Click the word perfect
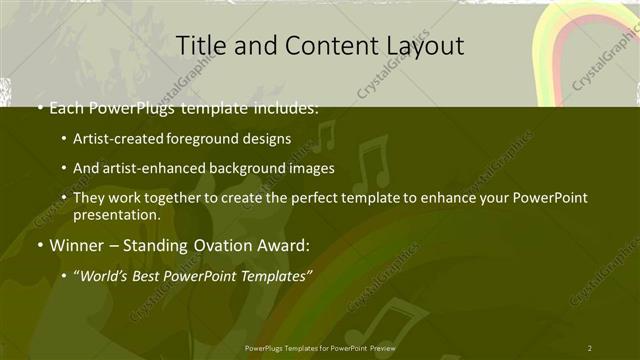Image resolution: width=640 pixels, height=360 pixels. click(310, 198)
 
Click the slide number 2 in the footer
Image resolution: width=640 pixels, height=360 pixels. click(589, 347)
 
